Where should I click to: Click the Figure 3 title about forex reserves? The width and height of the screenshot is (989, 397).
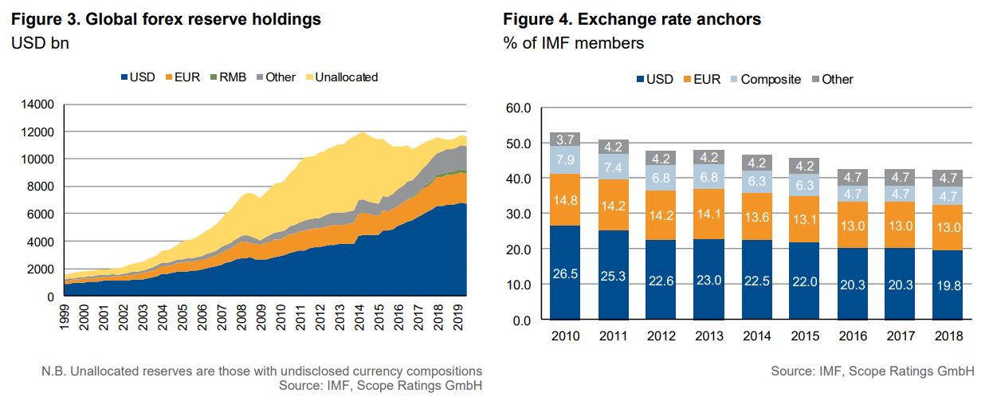pyautogui.click(x=167, y=19)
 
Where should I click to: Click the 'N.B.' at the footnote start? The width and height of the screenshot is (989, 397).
pyautogui.click(x=53, y=371)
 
